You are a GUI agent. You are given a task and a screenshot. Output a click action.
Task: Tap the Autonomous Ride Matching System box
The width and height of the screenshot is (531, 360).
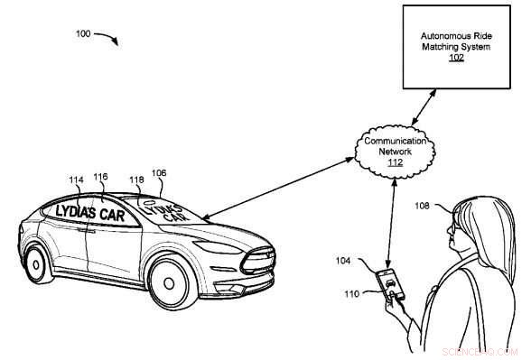pos(456,47)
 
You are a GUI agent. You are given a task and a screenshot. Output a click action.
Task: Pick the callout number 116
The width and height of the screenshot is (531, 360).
pos(100,178)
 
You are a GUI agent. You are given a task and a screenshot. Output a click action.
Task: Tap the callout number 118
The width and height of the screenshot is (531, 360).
pos(136,180)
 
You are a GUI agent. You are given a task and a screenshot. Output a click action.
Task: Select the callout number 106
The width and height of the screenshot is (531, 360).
pos(158,173)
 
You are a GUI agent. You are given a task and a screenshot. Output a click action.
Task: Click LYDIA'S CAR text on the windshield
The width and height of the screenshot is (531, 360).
pos(168,212)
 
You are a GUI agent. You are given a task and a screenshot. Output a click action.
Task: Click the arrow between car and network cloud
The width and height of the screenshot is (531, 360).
pos(280,189)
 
